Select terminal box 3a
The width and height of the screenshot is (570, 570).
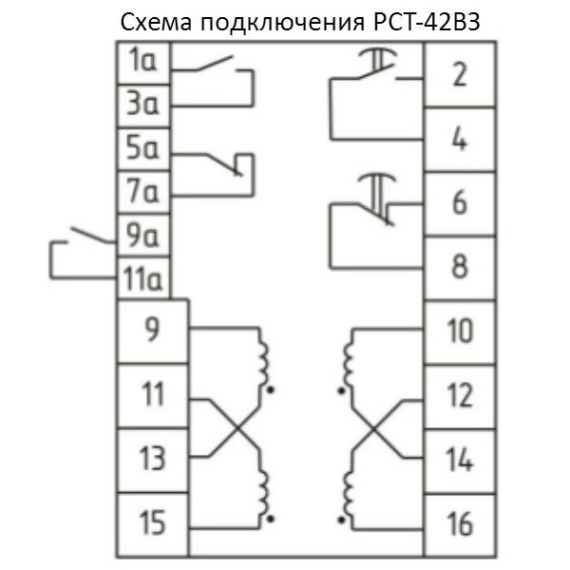[143, 106]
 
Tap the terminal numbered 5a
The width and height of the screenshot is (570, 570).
[143, 149]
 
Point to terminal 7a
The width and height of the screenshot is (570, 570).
[143, 192]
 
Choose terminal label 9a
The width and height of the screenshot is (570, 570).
[142, 235]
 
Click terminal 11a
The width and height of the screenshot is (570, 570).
[143, 278]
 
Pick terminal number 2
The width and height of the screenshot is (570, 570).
[460, 74]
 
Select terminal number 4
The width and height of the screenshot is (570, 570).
[460, 139]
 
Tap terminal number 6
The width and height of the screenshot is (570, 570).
[460, 202]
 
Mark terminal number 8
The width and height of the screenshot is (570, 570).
[460, 266]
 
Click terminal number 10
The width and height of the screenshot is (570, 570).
[460, 332]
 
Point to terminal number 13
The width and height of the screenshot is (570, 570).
[152, 459]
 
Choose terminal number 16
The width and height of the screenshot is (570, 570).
[460, 524]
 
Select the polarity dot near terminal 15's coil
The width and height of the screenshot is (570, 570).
[270, 519]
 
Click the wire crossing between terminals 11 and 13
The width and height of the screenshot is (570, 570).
[237, 428]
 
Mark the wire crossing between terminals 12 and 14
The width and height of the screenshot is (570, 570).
[373, 429]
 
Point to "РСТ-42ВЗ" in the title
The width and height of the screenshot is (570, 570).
[427, 21]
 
